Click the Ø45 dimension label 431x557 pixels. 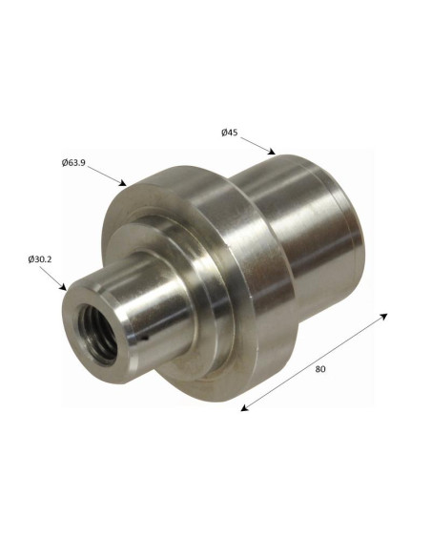pos(230,133)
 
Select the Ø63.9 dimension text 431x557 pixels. pos(73,163)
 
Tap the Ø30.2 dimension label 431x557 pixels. pos(40,259)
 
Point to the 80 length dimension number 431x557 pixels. pos(320,369)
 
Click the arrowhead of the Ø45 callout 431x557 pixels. pos(272,152)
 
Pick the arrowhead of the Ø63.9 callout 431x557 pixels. pos(123,183)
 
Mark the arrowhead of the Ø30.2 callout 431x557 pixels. pos(63,287)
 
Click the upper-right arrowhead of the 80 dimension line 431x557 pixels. pos(383,316)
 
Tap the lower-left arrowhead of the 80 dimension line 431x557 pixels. pos(245,408)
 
